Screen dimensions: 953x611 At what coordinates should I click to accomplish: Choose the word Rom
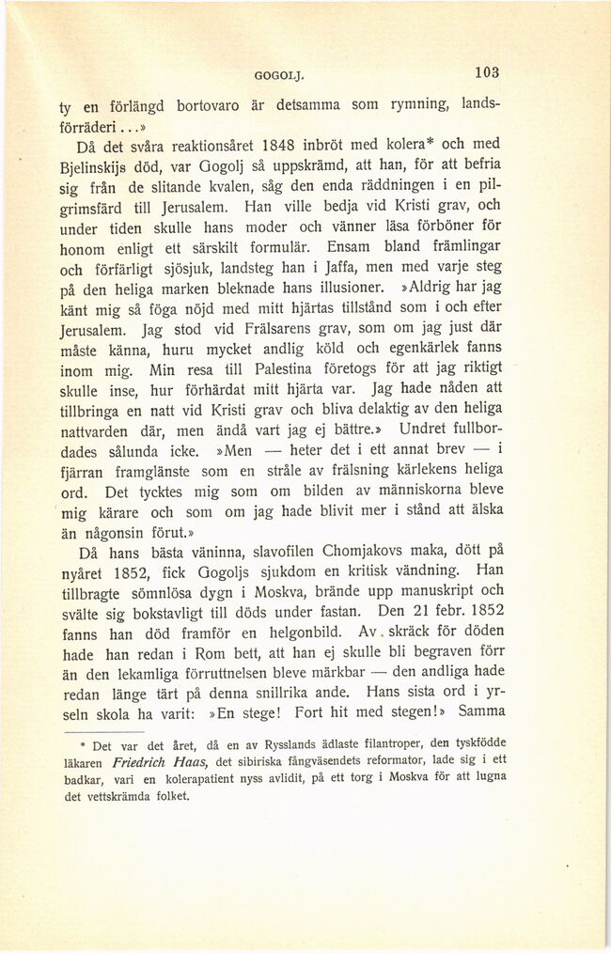click(x=191, y=659)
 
